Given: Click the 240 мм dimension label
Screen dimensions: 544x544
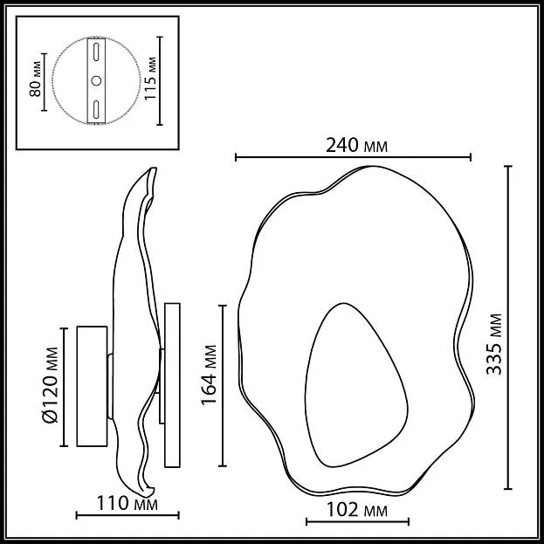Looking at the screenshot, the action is (356, 145).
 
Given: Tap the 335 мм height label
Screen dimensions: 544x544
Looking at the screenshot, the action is (494, 345).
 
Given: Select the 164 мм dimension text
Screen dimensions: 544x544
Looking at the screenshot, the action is (210, 375).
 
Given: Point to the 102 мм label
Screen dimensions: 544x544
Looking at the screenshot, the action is (357, 510).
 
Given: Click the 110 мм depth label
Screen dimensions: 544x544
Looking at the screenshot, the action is (127, 504).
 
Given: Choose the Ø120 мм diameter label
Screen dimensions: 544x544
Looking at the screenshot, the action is (50, 385).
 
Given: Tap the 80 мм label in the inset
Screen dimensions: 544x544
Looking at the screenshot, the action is (36, 79).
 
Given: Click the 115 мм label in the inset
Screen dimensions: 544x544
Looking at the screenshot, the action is (150, 79).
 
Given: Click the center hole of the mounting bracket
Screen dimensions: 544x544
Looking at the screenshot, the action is (96, 81).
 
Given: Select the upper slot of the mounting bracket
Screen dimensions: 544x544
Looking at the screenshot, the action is (96, 52).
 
